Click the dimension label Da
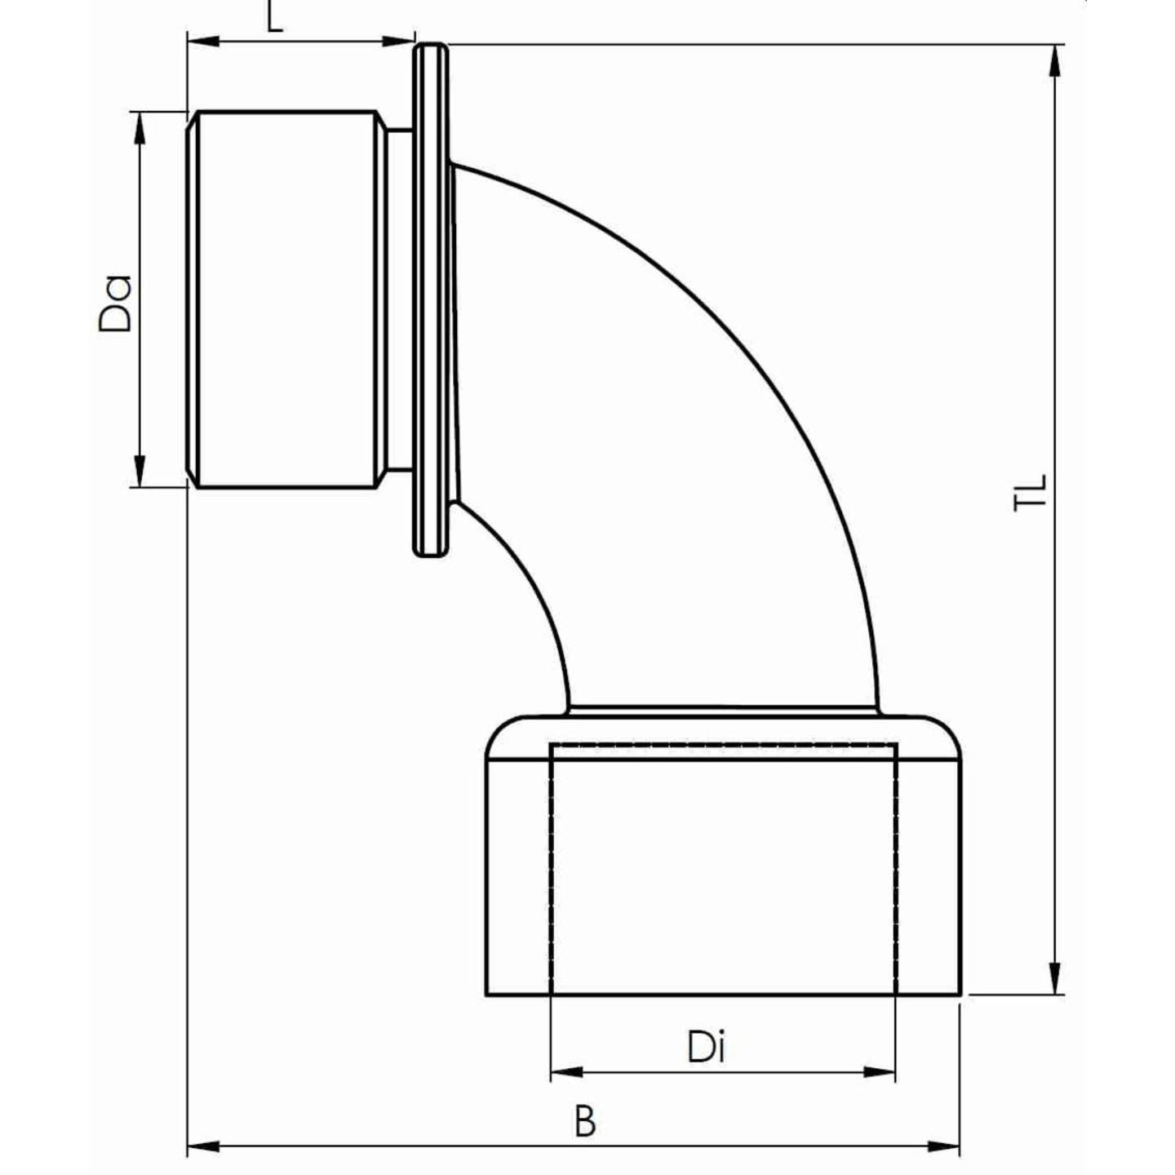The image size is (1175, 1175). [x=115, y=303]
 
